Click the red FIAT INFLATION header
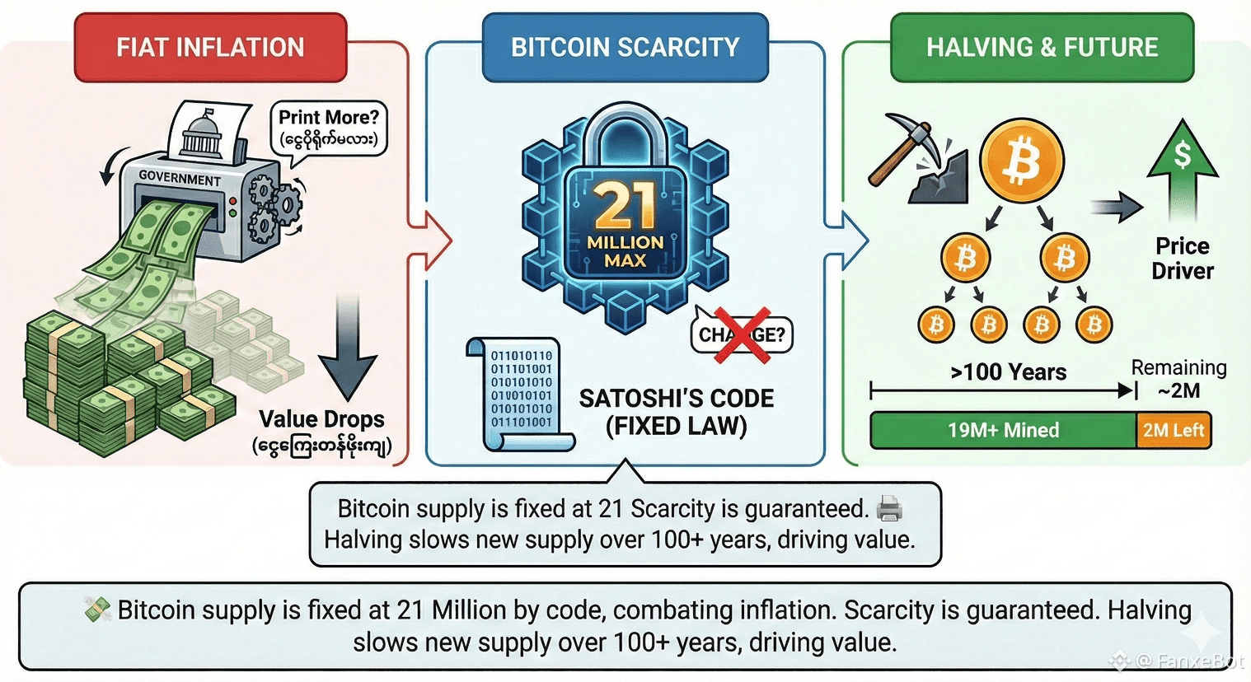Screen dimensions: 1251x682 pyautogui.click(x=210, y=48)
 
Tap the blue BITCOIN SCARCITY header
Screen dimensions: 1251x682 pyautogui.click(x=625, y=48)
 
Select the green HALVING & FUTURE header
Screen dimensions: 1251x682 pyautogui.click(x=1042, y=48)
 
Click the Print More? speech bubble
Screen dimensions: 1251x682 pyautogui.click(x=328, y=128)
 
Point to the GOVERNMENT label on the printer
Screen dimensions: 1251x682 pyautogui.click(x=180, y=177)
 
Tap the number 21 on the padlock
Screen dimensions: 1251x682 pyautogui.click(x=625, y=206)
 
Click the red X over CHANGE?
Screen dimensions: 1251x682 pyautogui.click(x=742, y=334)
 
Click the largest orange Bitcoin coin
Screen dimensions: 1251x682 pyautogui.click(x=1022, y=161)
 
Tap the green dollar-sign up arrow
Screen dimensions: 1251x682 pyautogui.click(x=1183, y=161)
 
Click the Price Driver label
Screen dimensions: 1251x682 pyautogui.click(x=1183, y=258)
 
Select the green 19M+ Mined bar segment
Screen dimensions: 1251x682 pyautogui.click(x=1003, y=430)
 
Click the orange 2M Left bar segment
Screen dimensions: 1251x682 pyautogui.click(x=1173, y=430)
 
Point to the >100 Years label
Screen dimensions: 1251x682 pyautogui.click(x=1008, y=372)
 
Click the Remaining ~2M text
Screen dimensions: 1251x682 pyautogui.click(x=1178, y=379)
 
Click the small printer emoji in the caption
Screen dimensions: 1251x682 pyautogui.click(x=889, y=508)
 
